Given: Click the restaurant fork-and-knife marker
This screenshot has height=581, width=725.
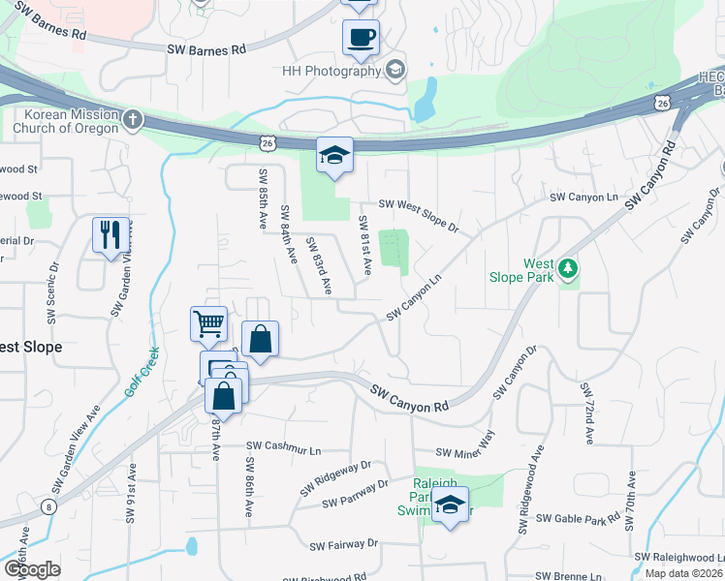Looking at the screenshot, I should tap(109, 234).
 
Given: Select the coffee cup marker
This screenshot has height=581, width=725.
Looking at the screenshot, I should tap(361, 38).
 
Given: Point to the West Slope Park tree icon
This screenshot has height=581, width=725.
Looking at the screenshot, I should tap(568, 266).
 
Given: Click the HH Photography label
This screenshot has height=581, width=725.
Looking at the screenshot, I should tap(330, 71).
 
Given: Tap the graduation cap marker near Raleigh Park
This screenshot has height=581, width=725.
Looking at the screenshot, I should tap(450, 504).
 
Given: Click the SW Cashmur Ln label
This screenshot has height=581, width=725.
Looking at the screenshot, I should tap(283, 445).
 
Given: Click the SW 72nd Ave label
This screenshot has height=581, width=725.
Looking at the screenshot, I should tap(587, 413).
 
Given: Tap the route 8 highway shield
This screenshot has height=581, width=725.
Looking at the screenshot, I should tap(48, 505).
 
